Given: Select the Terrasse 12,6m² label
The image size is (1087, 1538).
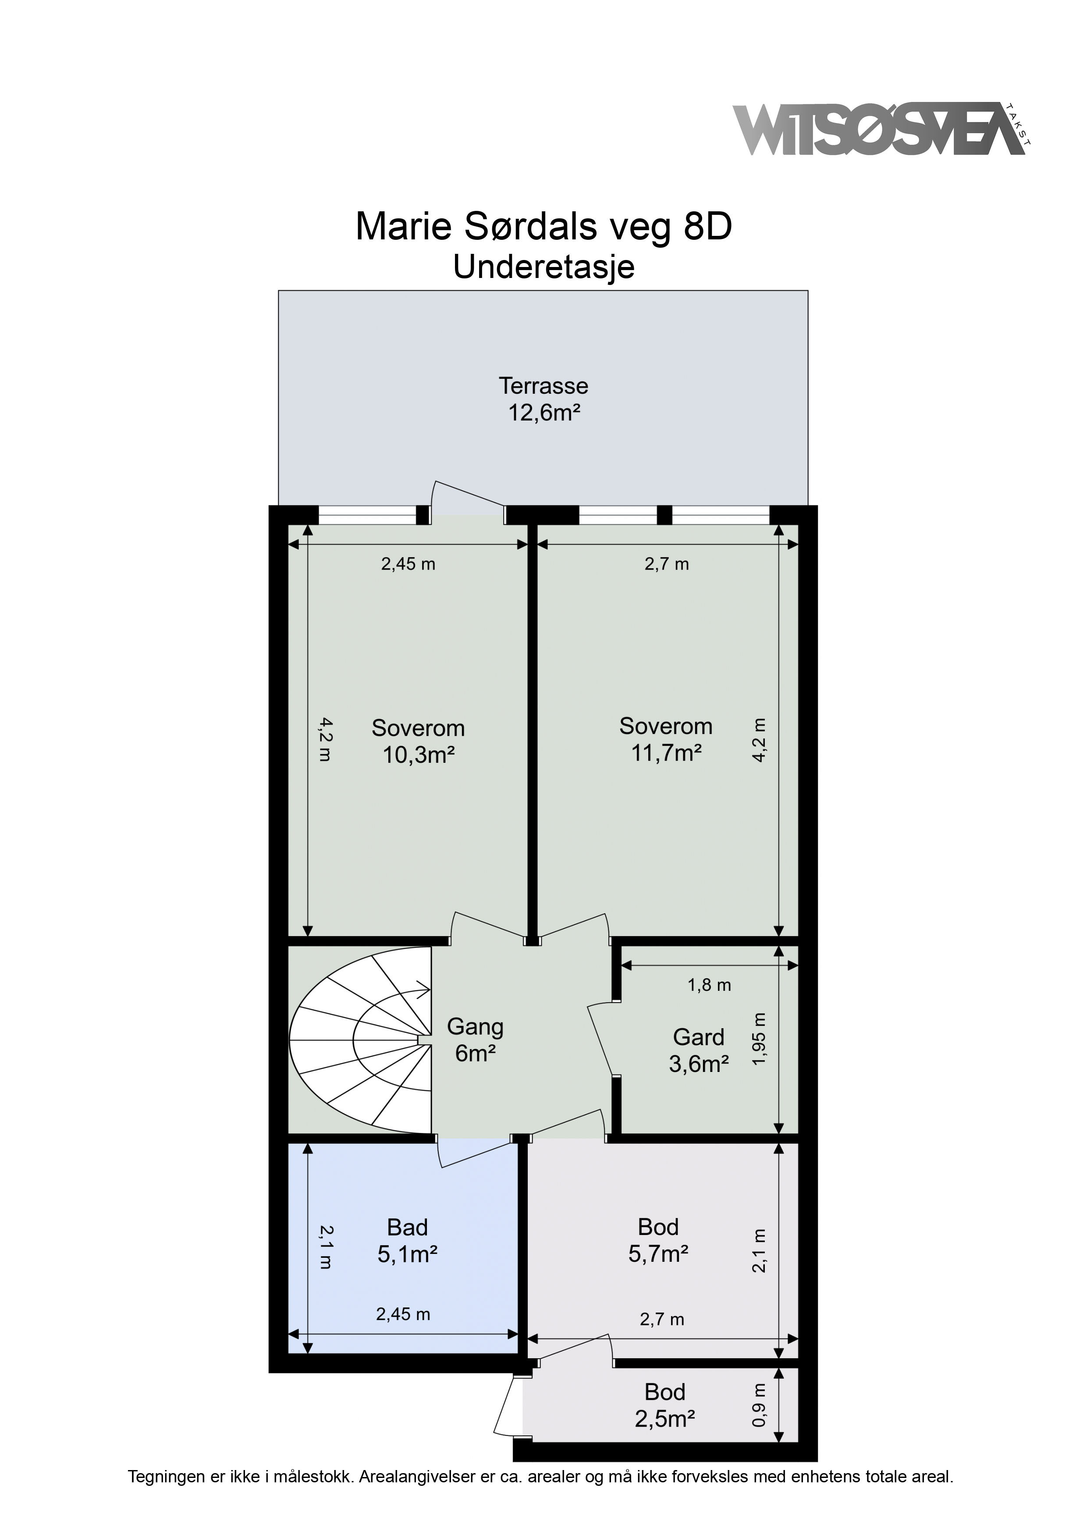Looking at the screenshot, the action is (543, 399).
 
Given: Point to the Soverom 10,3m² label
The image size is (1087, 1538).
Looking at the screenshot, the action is (419, 741).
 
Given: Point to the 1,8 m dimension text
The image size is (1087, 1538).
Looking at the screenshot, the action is (709, 986).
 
